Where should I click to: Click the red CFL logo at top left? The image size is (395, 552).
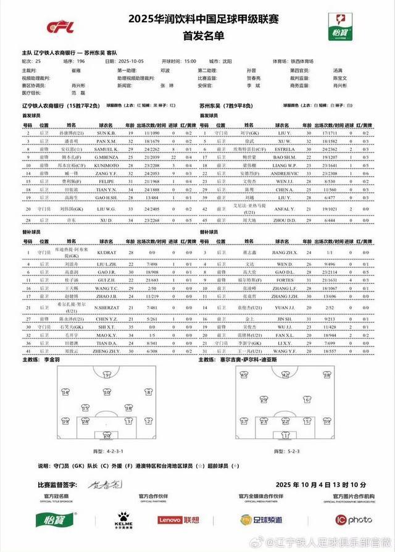coord(64,27)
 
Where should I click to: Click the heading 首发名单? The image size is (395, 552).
coord(197,36)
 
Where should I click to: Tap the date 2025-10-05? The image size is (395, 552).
coord(131,61)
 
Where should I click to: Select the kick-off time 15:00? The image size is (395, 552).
coord(188,61)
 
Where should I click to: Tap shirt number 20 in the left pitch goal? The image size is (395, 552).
coord(107,434)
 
